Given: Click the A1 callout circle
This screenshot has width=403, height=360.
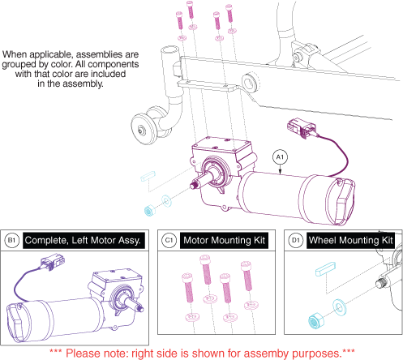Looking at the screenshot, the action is [x=280, y=157].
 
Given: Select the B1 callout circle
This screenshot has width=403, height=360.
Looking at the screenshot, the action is [x=12, y=240].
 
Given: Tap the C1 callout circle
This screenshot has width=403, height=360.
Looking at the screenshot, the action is [x=169, y=240].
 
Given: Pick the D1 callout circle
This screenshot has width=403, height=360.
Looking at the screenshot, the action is [x=296, y=240].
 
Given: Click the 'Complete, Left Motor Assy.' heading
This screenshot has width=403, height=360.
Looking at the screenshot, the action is [x=83, y=241].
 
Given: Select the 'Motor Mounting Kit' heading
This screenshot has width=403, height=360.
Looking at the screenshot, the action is [x=224, y=240].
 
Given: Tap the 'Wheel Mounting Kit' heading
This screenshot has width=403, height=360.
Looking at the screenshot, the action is [x=350, y=240].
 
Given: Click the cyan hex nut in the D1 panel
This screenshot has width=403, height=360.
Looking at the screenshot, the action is [x=315, y=321].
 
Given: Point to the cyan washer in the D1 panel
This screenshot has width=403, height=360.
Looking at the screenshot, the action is [x=339, y=307].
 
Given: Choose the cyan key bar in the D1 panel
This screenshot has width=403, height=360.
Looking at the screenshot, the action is [x=326, y=269].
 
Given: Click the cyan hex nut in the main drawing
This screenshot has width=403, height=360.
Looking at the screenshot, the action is [x=149, y=211].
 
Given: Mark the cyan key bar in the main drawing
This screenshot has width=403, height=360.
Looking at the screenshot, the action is [x=148, y=176].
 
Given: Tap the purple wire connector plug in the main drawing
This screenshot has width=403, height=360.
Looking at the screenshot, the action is [x=301, y=127].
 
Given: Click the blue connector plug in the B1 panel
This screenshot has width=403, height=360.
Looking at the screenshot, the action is [x=53, y=262].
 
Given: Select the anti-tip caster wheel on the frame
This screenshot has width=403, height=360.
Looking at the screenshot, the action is [x=144, y=130].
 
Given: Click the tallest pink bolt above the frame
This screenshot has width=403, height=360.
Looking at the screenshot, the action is [x=190, y=10].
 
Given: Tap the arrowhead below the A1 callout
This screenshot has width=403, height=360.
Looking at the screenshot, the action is [x=281, y=171].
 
